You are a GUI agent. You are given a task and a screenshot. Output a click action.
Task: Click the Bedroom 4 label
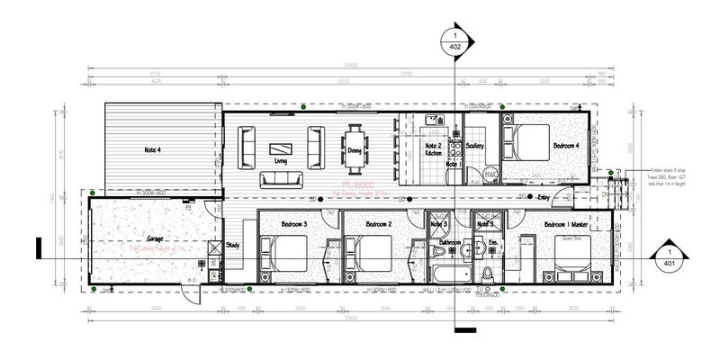tap(566, 145)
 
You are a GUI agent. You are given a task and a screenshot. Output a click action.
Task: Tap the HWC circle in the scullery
tap(491, 171)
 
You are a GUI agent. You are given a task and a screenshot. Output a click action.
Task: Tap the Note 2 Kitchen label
tap(433, 148)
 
